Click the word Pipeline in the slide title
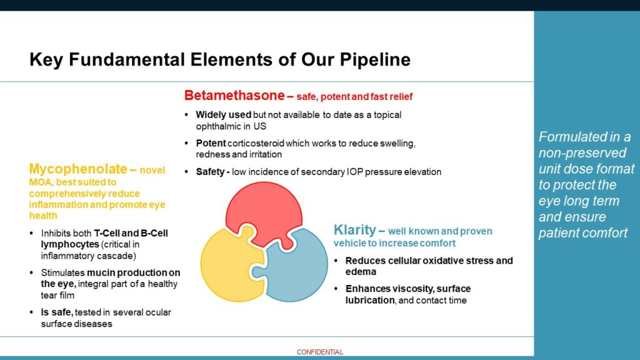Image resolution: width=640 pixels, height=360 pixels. [x=375, y=59]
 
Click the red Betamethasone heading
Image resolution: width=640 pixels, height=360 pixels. [x=234, y=96]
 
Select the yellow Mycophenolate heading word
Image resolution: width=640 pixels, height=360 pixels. [x=78, y=169]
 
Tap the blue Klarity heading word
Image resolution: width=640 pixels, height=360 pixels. [x=355, y=230]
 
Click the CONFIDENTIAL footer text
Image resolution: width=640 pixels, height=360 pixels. [x=320, y=352]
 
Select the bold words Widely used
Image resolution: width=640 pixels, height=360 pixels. [x=223, y=115]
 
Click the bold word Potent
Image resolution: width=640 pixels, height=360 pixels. [x=211, y=143]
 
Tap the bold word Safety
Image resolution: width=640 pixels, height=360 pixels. [x=210, y=172]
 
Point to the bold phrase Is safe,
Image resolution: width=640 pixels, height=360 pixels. [x=57, y=312]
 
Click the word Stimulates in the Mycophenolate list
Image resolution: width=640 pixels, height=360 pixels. [x=63, y=272]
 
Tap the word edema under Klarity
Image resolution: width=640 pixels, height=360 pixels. [x=361, y=272]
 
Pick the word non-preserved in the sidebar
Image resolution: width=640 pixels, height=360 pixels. [x=582, y=153]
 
